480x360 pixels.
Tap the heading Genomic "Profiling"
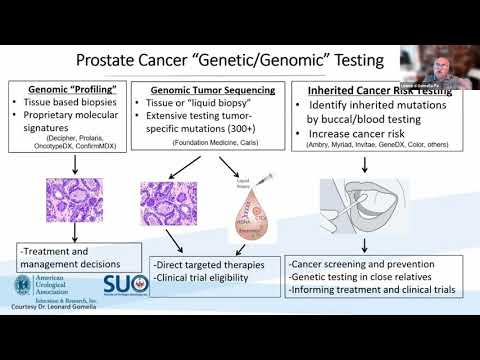click(x=68, y=89)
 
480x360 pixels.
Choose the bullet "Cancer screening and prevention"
click(x=359, y=264)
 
